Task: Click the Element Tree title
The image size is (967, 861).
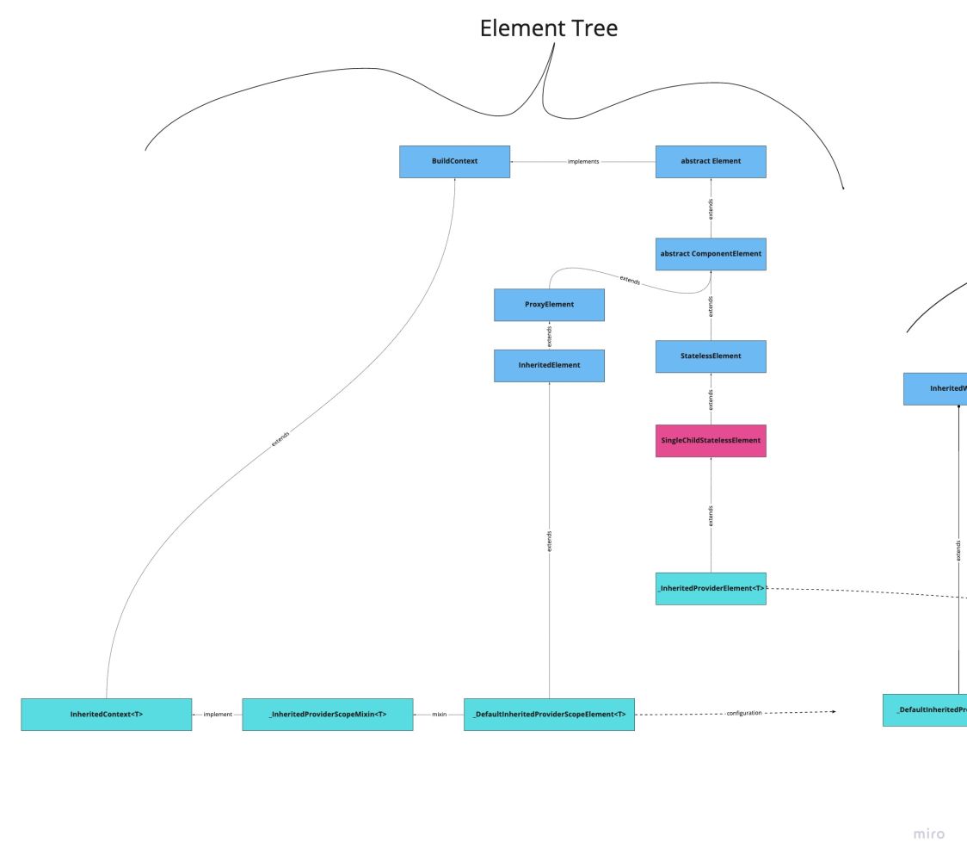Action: coord(548,28)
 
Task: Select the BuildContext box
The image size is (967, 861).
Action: coord(454,161)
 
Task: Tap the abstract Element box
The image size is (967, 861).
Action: coord(711,161)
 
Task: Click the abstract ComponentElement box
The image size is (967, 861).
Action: coord(711,254)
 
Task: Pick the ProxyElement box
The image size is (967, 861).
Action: coord(549,305)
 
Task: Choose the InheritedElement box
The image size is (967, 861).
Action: coord(549,365)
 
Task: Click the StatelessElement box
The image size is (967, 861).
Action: coord(711,356)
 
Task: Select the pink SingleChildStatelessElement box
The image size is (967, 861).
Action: coord(711,441)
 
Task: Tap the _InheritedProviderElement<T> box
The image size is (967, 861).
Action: coord(711,588)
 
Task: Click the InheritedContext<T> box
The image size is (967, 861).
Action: coord(107,715)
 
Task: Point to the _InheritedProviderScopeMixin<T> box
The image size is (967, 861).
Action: coord(327,715)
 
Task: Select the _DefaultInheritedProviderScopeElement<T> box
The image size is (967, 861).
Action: coord(549,715)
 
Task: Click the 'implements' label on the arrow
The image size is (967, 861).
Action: coord(583,161)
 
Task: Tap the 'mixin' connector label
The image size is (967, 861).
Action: coord(439,715)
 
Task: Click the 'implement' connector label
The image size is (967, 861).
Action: coord(217,715)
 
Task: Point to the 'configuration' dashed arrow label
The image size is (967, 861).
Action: coord(744,713)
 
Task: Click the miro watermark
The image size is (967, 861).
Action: coord(928,833)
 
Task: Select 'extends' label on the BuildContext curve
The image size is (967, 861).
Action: coord(280,437)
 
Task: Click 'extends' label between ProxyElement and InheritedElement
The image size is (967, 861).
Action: coord(549,335)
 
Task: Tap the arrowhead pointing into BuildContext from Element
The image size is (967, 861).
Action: coord(514,161)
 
